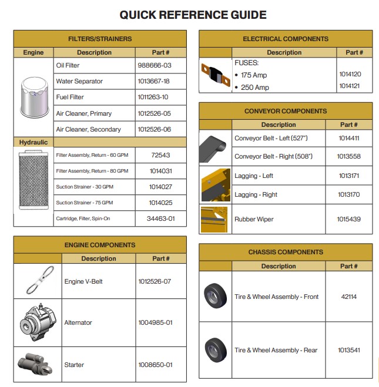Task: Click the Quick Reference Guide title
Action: coord(193,15)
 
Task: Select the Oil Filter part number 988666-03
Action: coord(155,65)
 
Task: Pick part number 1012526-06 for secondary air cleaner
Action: coord(155,129)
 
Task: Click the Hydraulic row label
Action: coord(33,142)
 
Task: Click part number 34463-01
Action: coord(160,218)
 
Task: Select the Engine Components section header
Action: coord(100,245)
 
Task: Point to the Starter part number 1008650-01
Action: coord(155,365)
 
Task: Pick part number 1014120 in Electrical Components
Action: coord(350,75)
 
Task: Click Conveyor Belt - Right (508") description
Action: coord(273,157)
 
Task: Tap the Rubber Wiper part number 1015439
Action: coord(348,219)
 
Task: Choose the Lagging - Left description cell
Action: coord(254,176)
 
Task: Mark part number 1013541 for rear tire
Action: coord(348,350)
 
